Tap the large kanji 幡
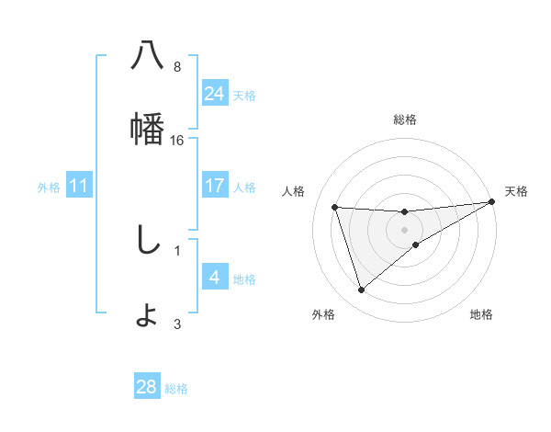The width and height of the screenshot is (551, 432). click(x=148, y=129)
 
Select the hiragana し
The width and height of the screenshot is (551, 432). click(x=148, y=240)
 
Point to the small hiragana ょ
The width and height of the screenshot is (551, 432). click(x=148, y=315)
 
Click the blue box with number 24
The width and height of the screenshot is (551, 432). click(x=215, y=94)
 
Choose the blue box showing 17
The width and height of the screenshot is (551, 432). click(x=215, y=186)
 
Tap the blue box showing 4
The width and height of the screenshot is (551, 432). click(x=215, y=278)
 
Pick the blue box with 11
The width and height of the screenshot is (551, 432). click(x=79, y=186)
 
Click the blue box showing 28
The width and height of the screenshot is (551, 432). click(x=147, y=387)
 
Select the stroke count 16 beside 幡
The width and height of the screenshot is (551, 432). click(x=177, y=141)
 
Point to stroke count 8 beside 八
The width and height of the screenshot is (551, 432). click(x=177, y=67)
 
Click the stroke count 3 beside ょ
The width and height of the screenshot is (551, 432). click(x=177, y=324)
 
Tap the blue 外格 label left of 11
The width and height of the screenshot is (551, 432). click(x=49, y=188)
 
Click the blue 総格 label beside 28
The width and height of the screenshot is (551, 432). click(x=176, y=389)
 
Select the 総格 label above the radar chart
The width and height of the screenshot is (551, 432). click(x=405, y=119)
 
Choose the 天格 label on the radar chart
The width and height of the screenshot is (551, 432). click(x=517, y=191)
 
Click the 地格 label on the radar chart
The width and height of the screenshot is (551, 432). click(x=481, y=315)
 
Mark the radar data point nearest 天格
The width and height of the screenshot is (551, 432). click(x=492, y=202)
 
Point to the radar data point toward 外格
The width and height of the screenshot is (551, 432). click(x=361, y=290)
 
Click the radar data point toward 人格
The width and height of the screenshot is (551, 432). click(x=335, y=207)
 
